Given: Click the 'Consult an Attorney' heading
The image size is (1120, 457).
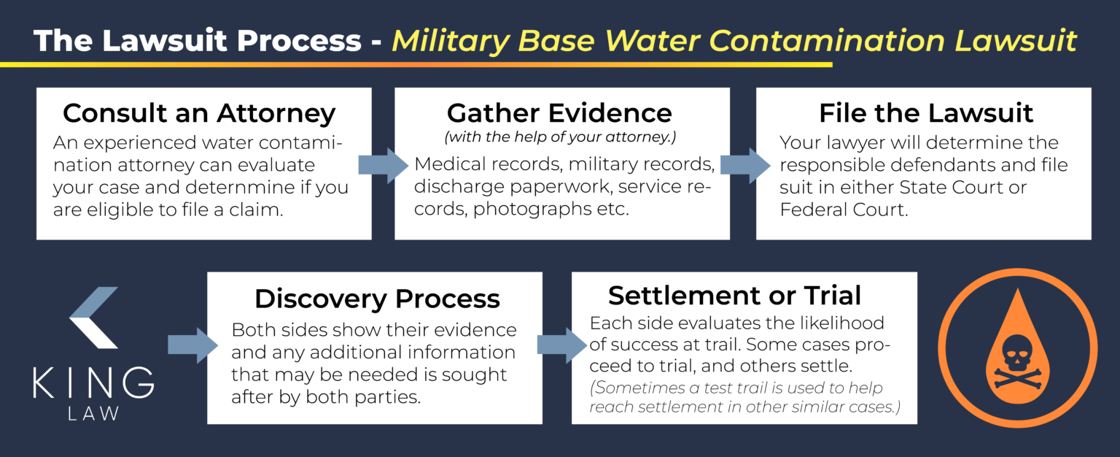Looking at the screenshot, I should pyautogui.click(x=199, y=113).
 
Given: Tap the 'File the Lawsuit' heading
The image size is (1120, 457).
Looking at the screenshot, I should pyautogui.click(x=925, y=113).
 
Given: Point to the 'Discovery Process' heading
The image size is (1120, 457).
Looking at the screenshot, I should pyautogui.click(x=377, y=299).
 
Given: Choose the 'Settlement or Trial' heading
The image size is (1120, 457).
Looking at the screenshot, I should pyautogui.click(x=734, y=295).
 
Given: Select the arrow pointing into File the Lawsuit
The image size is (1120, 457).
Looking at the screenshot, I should pyautogui.click(x=744, y=165).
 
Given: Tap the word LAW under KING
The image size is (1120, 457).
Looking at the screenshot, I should pyautogui.click(x=93, y=414).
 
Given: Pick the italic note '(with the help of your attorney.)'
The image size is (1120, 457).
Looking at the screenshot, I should pyautogui.click(x=560, y=137).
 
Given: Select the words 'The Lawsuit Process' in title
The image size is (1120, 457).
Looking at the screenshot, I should pyautogui.click(x=197, y=41).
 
